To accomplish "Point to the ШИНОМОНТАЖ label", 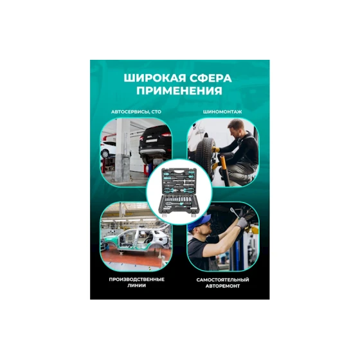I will pos(222,112).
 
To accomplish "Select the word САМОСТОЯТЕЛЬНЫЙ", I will pos(222,280).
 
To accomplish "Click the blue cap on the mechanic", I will pos(197,227).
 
